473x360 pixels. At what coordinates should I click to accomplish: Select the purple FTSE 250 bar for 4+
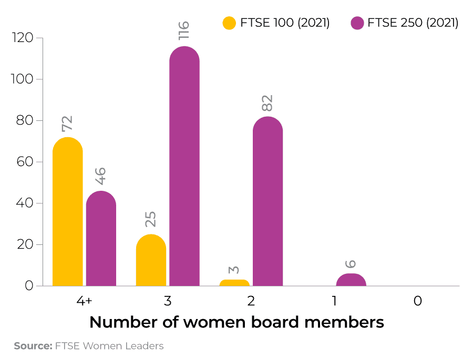[101, 239]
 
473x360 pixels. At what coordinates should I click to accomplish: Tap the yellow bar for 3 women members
[151, 260]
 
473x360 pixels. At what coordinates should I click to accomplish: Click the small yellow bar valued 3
[234, 283]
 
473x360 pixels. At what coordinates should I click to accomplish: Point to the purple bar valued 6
[351, 280]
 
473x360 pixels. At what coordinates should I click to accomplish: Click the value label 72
[67, 124]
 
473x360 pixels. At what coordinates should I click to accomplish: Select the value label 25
[151, 220]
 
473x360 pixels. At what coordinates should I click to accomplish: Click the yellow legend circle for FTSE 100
[229, 23]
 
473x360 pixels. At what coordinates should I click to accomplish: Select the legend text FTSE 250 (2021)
[413, 23]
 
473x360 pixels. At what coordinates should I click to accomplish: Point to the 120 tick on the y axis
[23, 38]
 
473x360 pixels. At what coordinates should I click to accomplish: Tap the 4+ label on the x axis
[84, 301]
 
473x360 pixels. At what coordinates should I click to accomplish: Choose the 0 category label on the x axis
[418, 301]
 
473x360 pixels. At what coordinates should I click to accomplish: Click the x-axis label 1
[334, 301]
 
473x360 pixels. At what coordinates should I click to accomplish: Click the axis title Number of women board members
[236, 322]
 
